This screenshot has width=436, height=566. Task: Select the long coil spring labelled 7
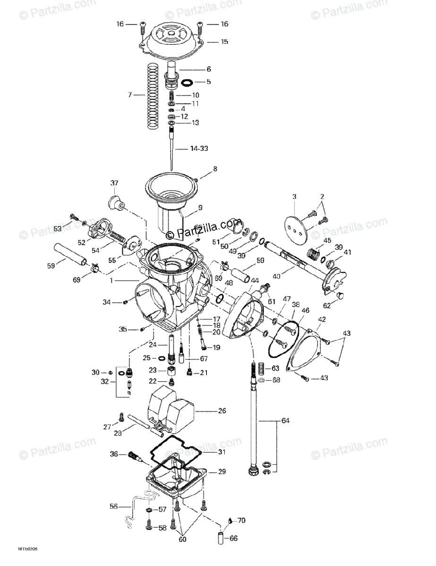tap(152, 96)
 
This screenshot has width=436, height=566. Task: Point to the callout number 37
tap(115, 183)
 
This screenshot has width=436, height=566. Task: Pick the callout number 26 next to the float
tap(222, 411)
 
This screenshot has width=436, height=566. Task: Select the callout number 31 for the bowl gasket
tap(222, 452)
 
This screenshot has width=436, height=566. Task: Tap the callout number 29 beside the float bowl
tap(222, 472)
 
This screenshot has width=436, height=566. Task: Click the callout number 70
tap(241, 521)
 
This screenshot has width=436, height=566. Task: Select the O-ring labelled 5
tap(188, 82)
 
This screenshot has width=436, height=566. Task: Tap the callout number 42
tap(321, 319)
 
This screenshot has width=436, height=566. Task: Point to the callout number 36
tap(113, 454)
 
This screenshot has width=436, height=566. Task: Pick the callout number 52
tap(81, 242)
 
